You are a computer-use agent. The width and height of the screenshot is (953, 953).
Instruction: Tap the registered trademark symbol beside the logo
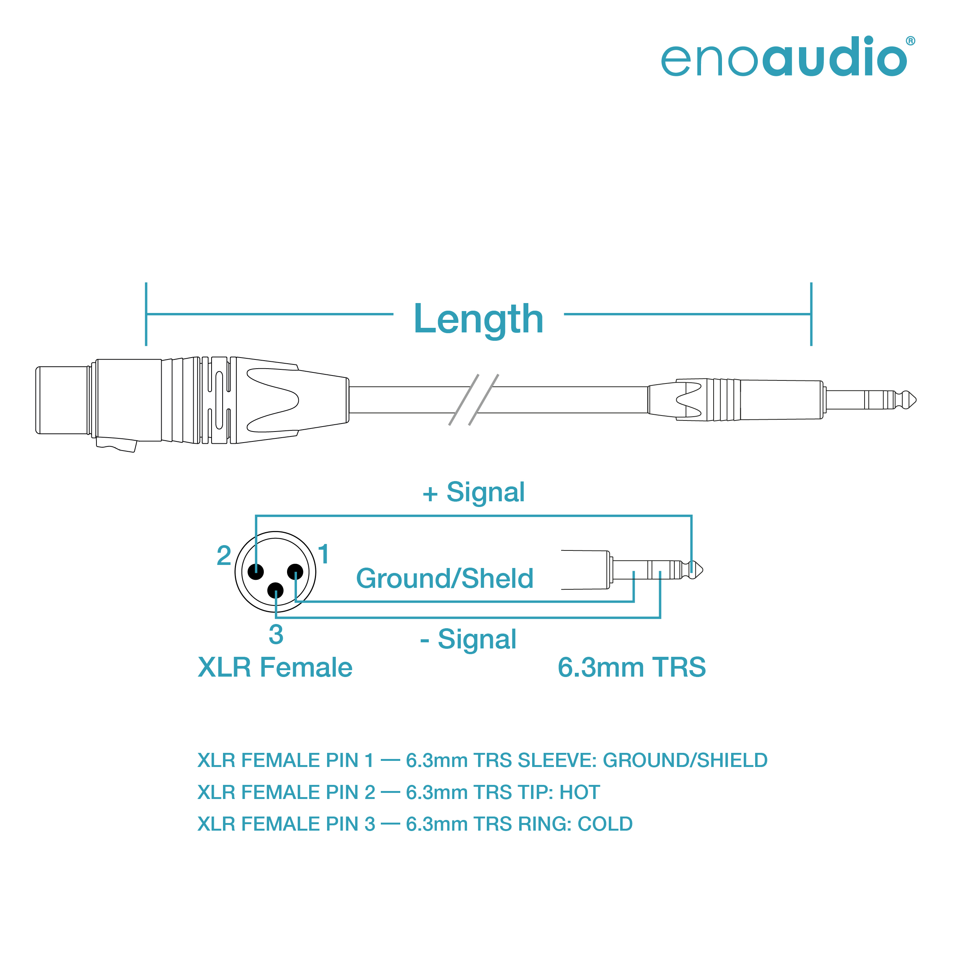click(x=911, y=41)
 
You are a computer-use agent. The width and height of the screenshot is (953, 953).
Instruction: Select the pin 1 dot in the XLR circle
click(x=295, y=572)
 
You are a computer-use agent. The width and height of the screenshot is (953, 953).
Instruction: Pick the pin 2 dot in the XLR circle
click(x=255, y=572)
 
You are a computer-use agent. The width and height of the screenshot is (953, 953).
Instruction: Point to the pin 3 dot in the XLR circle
click(x=275, y=590)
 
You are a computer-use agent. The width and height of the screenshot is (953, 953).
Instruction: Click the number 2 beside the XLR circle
click(x=224, y=556)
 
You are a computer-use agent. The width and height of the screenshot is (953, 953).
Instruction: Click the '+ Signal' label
click(x=473, y=492)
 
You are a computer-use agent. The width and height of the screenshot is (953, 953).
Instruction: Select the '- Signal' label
click(x=468, y=639)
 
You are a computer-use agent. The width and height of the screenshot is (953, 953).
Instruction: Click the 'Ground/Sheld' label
click(x=445, y=578)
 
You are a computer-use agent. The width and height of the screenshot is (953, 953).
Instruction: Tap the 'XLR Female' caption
click(x=275, y=667)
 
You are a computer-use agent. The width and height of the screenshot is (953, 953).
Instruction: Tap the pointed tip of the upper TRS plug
click(x=916, y=399)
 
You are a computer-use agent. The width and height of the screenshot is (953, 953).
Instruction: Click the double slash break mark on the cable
click(x=473, y=399)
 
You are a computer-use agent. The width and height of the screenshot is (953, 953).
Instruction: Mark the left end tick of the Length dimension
click(x=146, y=314)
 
